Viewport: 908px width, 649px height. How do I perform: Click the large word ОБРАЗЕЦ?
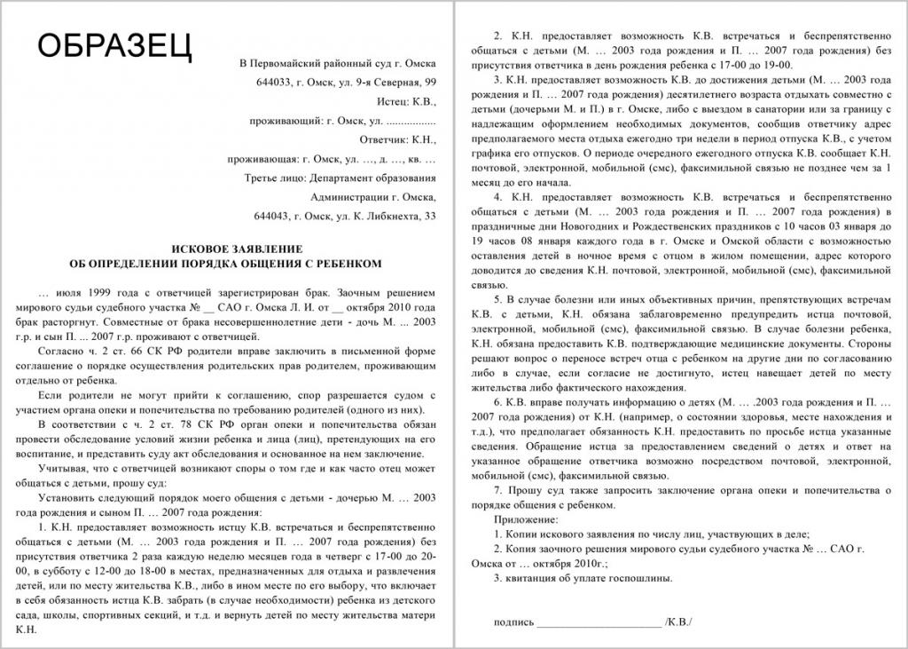(x=113, y=45)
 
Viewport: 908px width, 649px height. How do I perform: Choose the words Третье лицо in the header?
(x=270, y=178)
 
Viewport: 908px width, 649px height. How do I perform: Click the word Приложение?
(x=527, y=518)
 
